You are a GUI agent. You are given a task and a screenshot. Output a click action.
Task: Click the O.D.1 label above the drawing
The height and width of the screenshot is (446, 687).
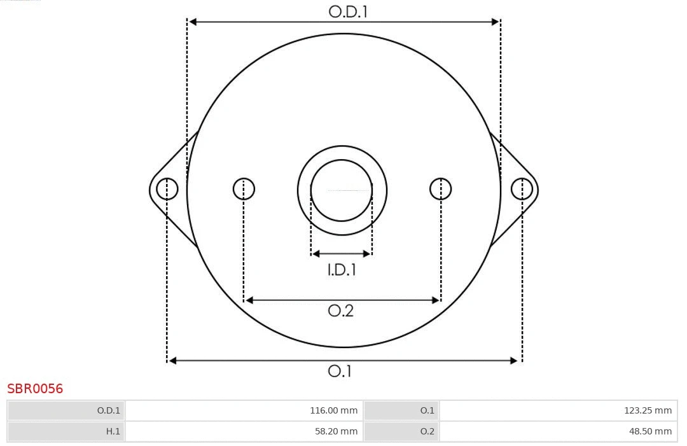pos(348,11)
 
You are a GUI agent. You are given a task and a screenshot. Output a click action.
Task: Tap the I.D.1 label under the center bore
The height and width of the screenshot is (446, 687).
pos(342,270)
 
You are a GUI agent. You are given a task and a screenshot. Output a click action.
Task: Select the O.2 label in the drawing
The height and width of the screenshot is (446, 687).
pos(340,310)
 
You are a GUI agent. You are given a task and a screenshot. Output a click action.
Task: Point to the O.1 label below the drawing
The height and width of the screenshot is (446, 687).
pos(340,371)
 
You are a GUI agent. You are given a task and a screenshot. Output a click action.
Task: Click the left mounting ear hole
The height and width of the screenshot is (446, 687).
pos(167,189)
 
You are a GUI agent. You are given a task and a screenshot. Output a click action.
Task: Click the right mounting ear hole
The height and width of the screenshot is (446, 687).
pos(522,189)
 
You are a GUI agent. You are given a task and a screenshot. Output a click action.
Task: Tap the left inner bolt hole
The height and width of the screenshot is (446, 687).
pos(244,189)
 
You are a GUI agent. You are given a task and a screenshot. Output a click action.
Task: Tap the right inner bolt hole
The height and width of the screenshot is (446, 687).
pos(441,189)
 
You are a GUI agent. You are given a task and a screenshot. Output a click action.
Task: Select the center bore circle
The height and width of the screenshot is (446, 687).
pos(342,190)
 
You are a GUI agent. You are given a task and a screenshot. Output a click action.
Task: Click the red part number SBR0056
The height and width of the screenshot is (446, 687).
pos(35,389)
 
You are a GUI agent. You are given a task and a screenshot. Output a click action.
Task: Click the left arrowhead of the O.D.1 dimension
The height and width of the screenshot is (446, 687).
pos(193,22)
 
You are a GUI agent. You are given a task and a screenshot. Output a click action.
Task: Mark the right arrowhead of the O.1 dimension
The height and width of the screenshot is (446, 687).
pos(515,361)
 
